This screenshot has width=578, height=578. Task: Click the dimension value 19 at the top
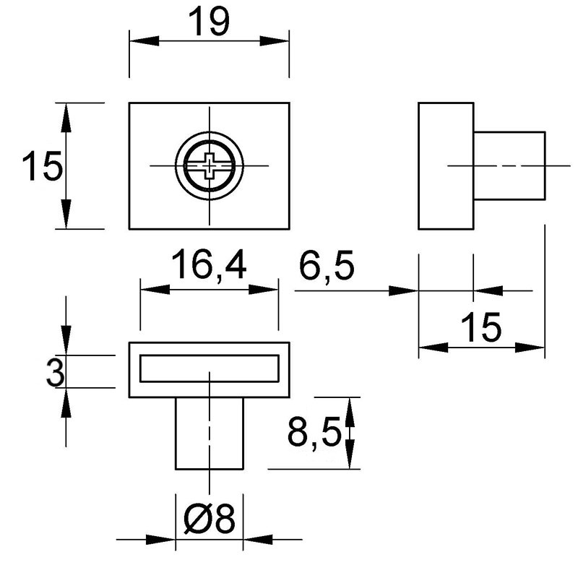209,22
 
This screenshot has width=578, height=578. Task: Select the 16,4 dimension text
209,264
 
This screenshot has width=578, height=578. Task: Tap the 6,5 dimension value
327,265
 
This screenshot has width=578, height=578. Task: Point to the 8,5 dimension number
314,431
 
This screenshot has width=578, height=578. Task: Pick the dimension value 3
56,372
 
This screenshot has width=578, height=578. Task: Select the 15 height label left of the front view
43,166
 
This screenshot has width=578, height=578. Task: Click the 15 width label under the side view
481,327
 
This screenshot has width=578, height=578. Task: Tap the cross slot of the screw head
210,166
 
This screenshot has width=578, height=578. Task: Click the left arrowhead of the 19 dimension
144,41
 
